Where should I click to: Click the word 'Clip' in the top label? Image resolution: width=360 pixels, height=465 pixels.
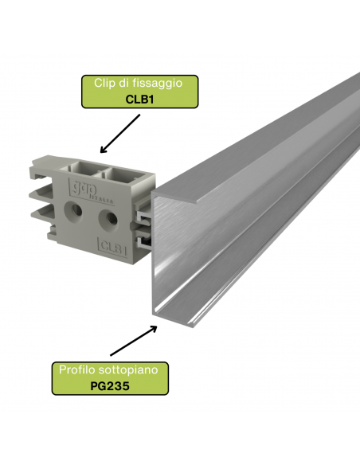(x=105, y=83)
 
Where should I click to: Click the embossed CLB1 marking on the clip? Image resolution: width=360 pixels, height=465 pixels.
(x=112, y=247)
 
